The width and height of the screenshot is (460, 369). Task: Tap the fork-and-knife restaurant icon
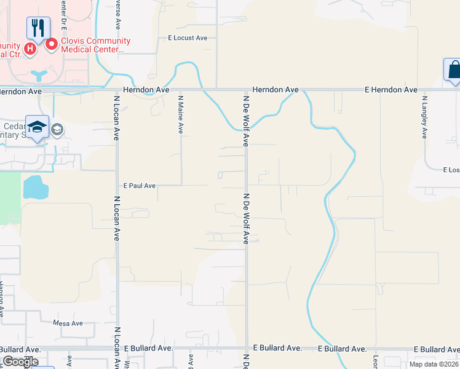tap(38, 28)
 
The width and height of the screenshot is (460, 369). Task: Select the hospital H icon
tap(29, 47)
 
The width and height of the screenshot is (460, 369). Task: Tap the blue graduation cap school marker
tap(38, 127)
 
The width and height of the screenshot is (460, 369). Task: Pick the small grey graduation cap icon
tap(57, 130)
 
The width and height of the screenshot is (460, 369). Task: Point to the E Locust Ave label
tap(188, 38)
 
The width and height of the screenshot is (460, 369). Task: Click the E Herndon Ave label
tap(391, 90)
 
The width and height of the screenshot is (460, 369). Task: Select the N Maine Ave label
tap(181, 114)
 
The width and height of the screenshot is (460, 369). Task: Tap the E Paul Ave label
tap(139, 185)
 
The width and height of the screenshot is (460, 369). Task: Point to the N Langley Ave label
tap(424, 116)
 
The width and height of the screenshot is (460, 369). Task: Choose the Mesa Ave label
tap(68, 323)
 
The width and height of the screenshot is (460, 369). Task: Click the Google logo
tap(20, 362)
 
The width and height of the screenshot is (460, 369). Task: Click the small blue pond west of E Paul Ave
tap(35, 187)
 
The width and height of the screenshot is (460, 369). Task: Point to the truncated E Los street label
tap(451, 170)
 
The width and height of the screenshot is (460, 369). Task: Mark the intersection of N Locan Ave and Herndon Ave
tap(116, 90)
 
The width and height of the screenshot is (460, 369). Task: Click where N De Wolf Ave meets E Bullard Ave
tap(246, 348)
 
